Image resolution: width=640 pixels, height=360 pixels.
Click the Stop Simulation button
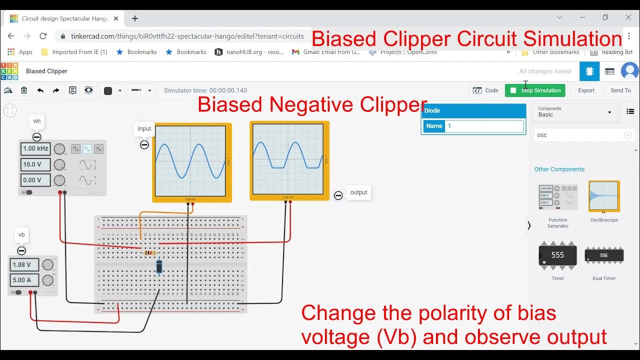tap(535, 90)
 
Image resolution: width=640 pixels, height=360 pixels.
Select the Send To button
tap(620, 90)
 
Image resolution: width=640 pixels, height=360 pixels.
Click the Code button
tap(486, 90)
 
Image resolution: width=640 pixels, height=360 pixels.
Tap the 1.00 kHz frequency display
tap(36, 148)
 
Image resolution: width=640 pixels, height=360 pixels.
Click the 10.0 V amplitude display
tap(36, 164)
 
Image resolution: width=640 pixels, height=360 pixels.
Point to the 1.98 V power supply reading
tap(22, 265)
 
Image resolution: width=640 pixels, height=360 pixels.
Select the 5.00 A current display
tap(22, 280)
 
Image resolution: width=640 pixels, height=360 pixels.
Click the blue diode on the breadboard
tap(159, 267)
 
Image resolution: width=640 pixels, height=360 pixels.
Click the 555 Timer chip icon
tap(557, 255)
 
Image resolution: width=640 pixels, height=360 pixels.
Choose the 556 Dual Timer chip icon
tap(604, 255)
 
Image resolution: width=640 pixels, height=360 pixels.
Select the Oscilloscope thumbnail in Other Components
tap(604, 196)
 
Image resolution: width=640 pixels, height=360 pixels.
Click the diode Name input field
tap(484, 126)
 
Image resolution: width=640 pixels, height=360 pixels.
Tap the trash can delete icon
tap(24, 90)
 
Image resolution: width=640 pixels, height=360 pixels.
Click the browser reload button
tap(43, 36)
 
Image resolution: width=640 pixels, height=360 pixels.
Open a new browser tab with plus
tap(134, 18)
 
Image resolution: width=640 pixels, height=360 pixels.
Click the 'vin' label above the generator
tap(37, 121)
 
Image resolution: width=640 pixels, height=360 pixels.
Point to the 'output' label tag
tap(358, 192)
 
